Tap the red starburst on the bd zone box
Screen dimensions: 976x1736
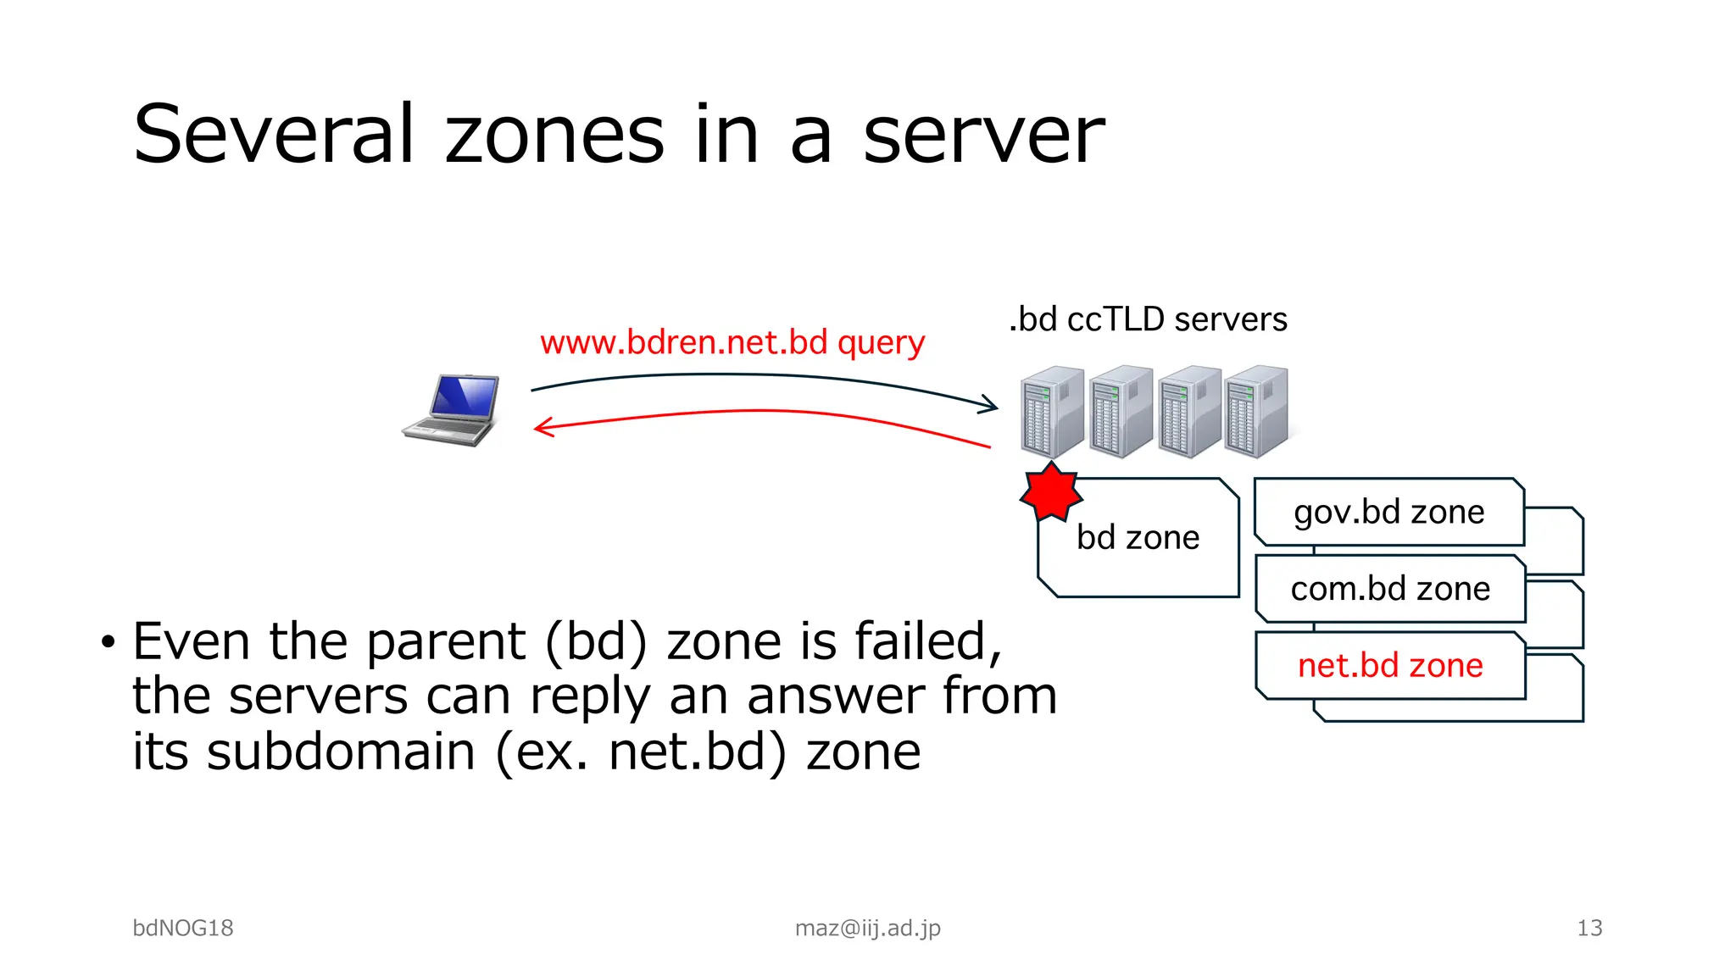click(x=1050, y=491)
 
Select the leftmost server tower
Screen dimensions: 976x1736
click(x=1052, y=412)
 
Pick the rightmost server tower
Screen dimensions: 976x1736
click(x=1256, y=412)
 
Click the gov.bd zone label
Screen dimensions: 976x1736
click(x=1388, y=513)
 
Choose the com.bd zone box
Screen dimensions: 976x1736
click(x=1390, y=589)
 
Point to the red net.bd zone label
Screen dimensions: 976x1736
click(x=1390, y=666)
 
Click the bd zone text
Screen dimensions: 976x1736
click(x=1138, y=538)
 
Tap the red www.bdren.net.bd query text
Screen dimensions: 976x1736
click(x=732, y=342)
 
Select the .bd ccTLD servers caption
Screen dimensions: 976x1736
click(x=1148, y=319)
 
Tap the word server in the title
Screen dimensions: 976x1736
click(x=983, y=136)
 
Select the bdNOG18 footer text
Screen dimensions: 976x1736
click(x=183, y=928)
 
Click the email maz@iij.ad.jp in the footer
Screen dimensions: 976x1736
click(x=867, y=928)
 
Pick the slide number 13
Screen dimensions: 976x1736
click(x=1589, y=928)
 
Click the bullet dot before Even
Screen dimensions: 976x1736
click(x=107, y=642)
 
